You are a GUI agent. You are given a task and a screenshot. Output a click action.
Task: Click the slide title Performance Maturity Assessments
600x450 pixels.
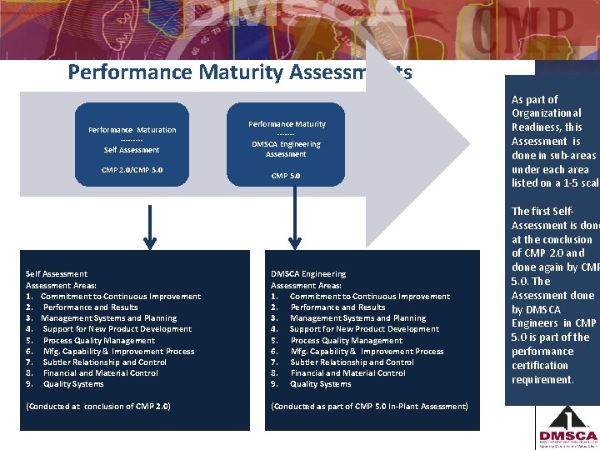239,72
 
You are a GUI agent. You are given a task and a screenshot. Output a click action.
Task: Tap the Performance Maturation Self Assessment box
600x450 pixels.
132,140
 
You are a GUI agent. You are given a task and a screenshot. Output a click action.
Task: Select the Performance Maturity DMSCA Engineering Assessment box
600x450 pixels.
287,139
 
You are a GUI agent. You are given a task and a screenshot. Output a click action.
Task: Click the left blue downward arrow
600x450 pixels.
150,226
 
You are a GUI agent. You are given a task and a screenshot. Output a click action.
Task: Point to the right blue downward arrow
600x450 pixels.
292,226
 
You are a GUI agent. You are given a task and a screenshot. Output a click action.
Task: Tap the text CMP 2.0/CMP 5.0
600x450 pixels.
132,170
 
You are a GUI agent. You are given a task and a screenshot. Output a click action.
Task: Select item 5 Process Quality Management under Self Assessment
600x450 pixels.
98,340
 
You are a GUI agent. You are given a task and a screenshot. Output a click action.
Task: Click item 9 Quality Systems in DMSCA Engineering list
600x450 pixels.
320,384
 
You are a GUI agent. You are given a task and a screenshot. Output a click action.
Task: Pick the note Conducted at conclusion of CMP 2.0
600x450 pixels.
98,406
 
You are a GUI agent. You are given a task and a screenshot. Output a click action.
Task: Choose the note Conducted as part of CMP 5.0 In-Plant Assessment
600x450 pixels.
369,406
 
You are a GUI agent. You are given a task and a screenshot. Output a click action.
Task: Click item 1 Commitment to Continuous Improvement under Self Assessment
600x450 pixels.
120,296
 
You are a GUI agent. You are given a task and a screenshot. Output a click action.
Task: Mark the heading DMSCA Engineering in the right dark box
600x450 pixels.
308,273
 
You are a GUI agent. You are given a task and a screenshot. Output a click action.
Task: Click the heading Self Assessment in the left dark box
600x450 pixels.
57,273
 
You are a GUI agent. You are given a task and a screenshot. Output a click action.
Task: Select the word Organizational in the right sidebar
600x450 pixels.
547,113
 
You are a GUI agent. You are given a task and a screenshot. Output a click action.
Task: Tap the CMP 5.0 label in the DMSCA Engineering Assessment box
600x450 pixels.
286,176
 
